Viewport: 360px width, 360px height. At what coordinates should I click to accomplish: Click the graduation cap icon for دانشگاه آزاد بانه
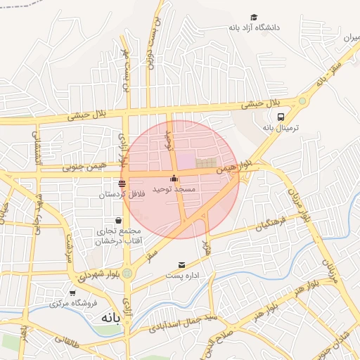(254, 17)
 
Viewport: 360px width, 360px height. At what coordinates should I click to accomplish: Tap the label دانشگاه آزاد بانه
(254, 27)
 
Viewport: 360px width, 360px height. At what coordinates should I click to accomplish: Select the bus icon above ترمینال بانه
(281, 117)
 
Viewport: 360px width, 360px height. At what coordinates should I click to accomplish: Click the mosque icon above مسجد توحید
(174, 179)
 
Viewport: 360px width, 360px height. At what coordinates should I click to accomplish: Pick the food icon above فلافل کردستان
(122, 183)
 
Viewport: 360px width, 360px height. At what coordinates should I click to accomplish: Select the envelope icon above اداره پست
(182, 265)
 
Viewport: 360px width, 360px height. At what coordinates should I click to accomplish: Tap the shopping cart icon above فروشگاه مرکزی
(72, 293)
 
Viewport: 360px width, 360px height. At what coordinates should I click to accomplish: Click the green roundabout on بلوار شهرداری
(127, 273)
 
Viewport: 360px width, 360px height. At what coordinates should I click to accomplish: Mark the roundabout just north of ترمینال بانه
(302, 101)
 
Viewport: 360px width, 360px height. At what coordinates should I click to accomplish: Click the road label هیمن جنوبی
(82, 167)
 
